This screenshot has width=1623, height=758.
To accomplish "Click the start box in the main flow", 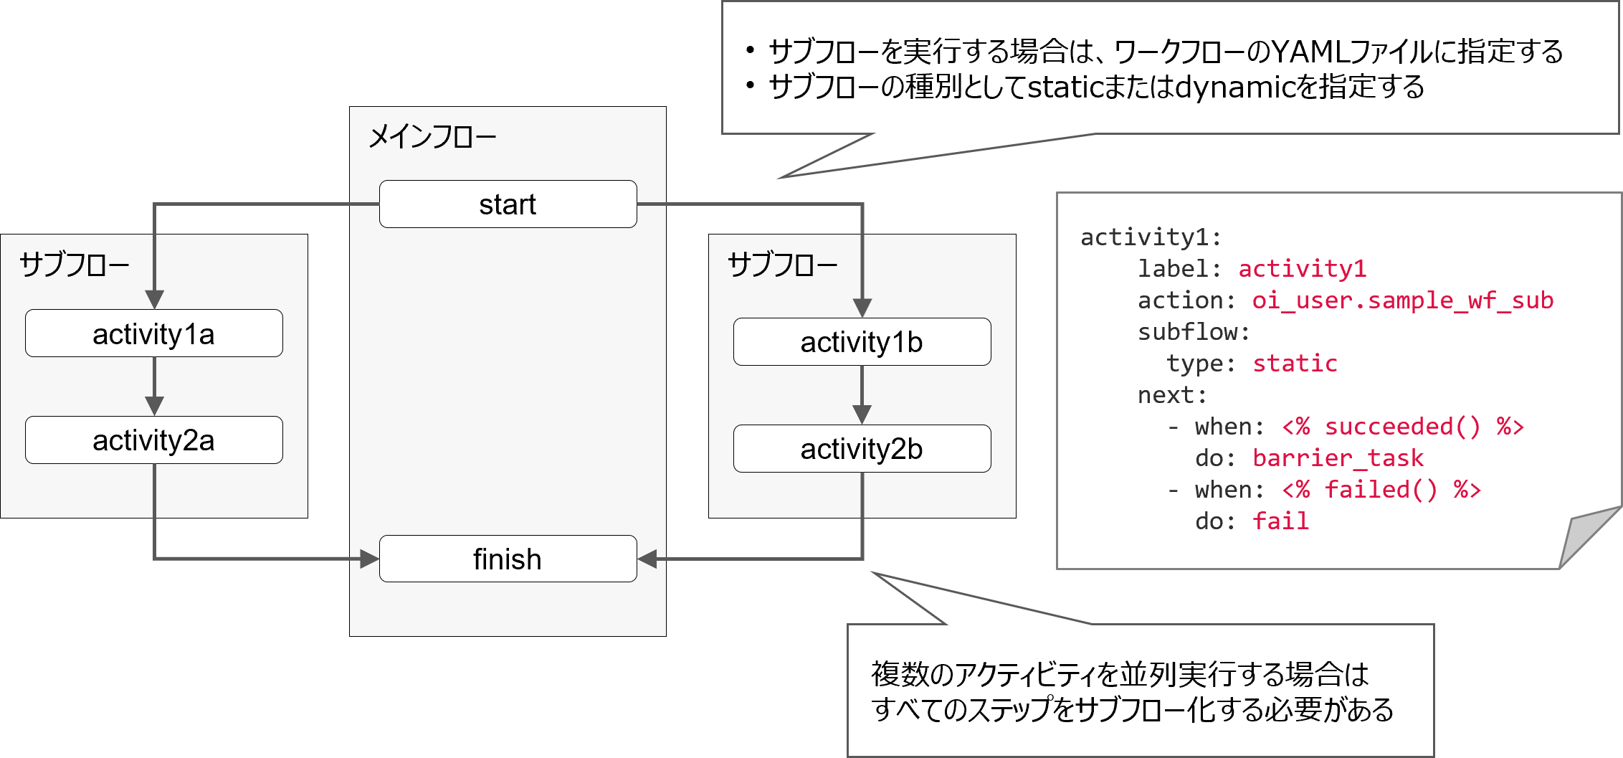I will click(x=508, y=204).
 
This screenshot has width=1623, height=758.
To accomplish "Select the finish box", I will click(x=508, y=559).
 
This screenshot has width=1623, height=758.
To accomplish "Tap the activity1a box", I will click(x=153, y=333).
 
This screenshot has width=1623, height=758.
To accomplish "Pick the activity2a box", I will click(x=153, y=440).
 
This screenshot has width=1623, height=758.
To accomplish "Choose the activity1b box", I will click(x=862, y=342).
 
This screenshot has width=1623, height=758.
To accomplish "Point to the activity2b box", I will click(x=862, y=449).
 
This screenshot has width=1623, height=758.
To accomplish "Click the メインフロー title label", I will click(x=432, y=136).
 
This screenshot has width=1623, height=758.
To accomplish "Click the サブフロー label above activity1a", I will click(x=74, y=265).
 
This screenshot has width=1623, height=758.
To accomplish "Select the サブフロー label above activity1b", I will click(x=782, y=265).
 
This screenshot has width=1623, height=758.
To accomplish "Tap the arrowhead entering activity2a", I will click(x=154, y=406).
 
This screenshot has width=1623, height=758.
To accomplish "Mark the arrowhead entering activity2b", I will click(x=862, y=414).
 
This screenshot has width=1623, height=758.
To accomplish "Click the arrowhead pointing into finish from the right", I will click(x=647, y=559).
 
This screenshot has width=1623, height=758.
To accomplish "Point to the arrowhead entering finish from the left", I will click(x=369, y=559).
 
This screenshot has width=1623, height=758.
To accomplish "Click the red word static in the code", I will click(x=1295, y=364).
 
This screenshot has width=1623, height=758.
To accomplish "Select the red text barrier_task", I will click(x=1338, y=458).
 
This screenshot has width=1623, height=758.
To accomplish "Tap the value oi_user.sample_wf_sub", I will click(x=1402, y=300).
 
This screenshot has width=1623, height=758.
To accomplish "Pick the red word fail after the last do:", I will click(x=1280, y=521).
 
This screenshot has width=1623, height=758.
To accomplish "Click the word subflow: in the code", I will click(x=1194, y=332).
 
